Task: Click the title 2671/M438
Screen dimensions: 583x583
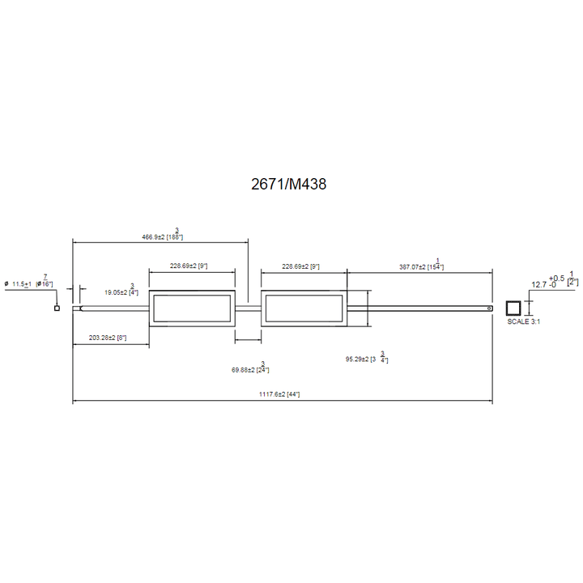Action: pyautogui.click(x=289, y=185)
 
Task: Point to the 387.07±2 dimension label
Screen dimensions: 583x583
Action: pyautogui.click(x=420, y=266)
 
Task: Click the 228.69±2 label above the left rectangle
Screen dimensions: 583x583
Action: pyautogui.click(x=189, y=266)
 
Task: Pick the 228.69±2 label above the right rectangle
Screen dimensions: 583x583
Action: pyautogui.click(x=300, y=266)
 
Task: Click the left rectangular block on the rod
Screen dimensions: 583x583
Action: pyautogui.click(x=192, y=308)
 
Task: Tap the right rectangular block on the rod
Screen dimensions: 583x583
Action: pyautogui.click(x=304, y=308)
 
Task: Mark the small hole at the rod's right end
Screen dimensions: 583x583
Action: pyautogui.click(x=489, y=308)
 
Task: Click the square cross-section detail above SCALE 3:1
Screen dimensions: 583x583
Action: pyautogui.click(x=513, y=308)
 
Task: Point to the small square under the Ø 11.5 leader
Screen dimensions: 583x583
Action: pyautogui.click(x=57, y=308)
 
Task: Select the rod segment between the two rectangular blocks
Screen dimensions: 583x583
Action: pyautogui.click(x=248, y=308)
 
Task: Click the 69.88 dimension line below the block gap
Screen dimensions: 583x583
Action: pyautogui.click(x=248, y=340)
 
